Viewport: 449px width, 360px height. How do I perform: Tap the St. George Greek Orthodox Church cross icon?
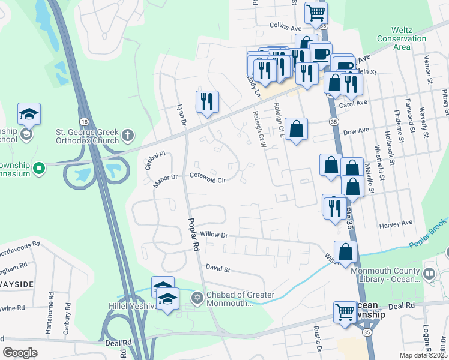pyautogui.click(x=127, y=136)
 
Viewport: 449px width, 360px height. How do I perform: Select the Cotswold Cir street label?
pyautogui.click(x=208, y=178)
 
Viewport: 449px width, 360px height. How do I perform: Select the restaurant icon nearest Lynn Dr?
pyautogui.click(x=207, y=101)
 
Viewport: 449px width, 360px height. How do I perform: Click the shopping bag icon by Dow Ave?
pyautogui.click(x=297, y=129)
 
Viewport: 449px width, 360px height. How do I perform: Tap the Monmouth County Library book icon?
pyautogui.click(x=429, y=274)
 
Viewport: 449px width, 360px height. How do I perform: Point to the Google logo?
pyautogui.click(x=20, y=353)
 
